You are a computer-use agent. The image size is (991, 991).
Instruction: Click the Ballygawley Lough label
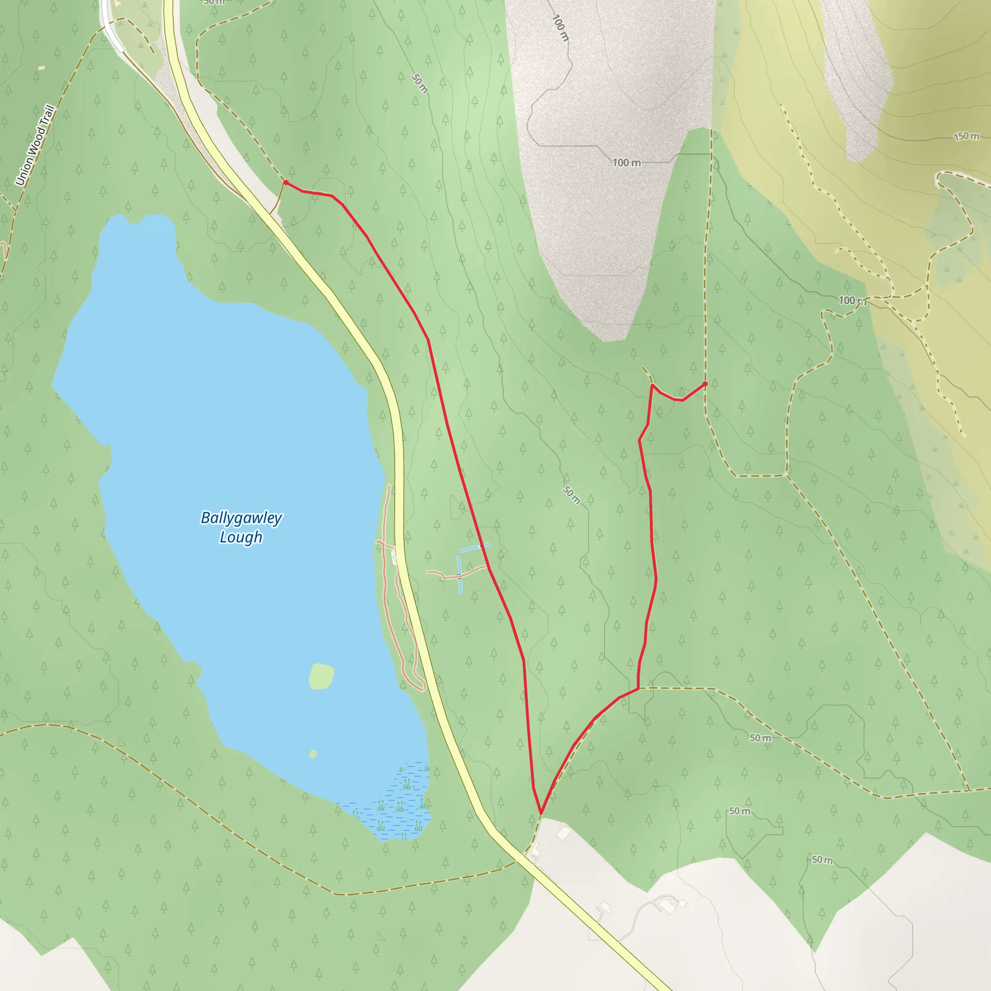click(240, 527)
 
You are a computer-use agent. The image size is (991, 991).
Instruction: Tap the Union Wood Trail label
click(35, 145)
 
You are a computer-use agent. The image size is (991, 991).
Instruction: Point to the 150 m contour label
click(966, 136)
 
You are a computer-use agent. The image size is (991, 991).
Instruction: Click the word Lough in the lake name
click(240, 537)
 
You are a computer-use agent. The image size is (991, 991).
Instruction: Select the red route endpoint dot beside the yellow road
click(285, 182)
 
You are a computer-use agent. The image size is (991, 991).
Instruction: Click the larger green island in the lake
click(322, 676)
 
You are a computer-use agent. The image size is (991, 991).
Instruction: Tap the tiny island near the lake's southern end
click(313, 753)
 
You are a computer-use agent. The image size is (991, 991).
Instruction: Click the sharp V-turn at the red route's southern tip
click(541, 813)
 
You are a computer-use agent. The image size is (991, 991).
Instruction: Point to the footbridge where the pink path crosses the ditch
click(460, 576)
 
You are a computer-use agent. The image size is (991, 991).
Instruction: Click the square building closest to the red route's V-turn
click(564, 834)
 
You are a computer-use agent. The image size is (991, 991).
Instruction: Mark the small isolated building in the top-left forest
click(42, 68)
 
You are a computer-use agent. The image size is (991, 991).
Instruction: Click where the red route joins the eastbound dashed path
click(638, 689)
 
